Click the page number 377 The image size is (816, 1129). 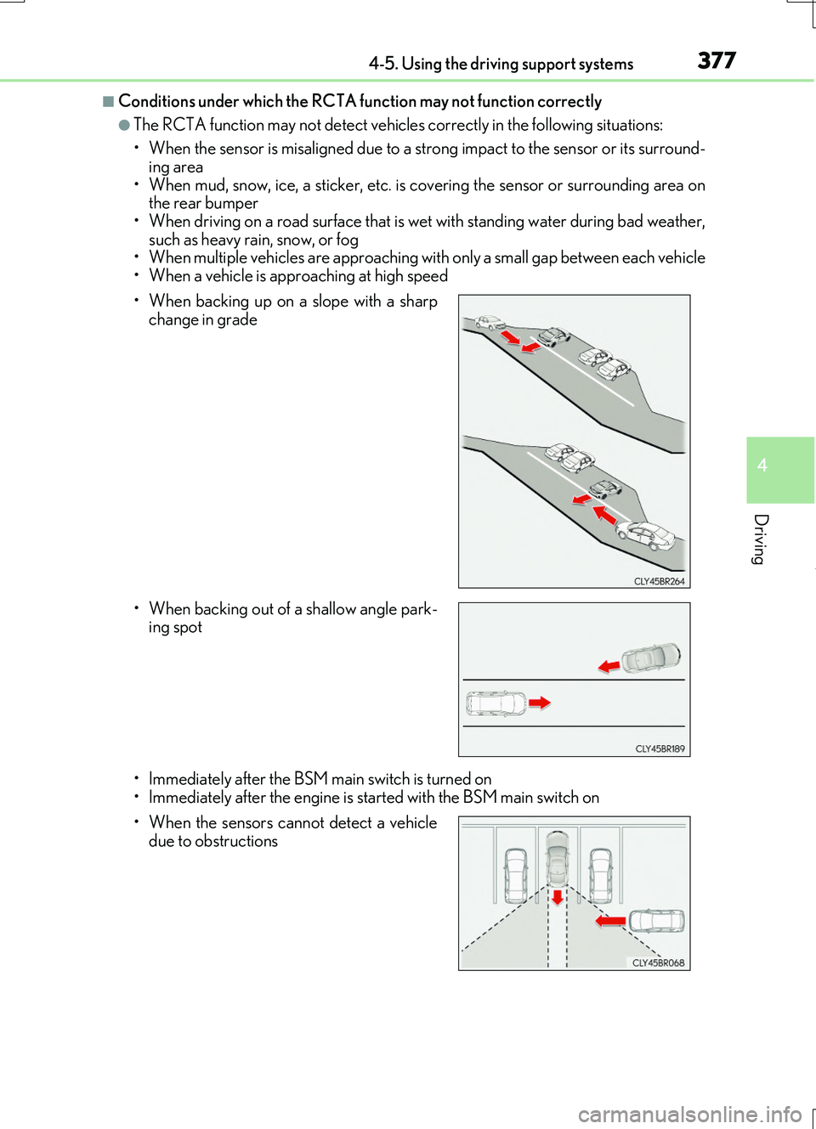pos(717,60)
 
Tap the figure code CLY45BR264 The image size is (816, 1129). pos(659,582)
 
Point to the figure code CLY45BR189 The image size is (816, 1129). pos(660,749)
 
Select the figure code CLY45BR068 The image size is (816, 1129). pos(658,963)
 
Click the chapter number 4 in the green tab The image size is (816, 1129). pos(762,466)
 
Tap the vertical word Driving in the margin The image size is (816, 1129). pos(761,539)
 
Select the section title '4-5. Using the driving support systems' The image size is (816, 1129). pos(501,64)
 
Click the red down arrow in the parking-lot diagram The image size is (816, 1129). pos(557,897)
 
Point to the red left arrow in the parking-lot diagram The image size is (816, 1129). pos(610,921)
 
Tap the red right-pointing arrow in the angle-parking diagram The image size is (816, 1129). pos(540,703)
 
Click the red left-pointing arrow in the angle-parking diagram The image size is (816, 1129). pos(609,666)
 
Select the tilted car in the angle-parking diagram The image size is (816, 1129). pos(651,658)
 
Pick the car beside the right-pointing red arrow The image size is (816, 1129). pos(496,703)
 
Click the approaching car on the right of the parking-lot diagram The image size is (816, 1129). pos(656,920)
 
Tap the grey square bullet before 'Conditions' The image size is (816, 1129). pos(108,102)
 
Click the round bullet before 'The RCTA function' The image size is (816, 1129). pos(124,126)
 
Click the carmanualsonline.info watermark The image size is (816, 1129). pos(689,1114)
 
